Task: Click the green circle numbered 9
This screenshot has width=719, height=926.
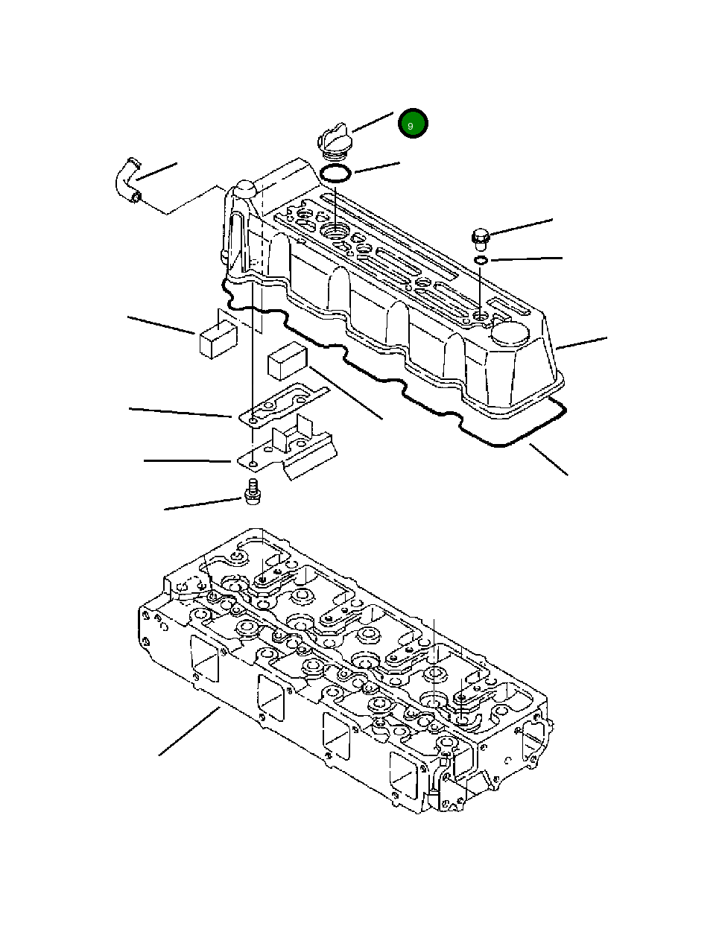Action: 412,124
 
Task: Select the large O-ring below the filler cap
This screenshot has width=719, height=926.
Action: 335,174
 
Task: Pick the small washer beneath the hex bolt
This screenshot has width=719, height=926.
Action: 481,260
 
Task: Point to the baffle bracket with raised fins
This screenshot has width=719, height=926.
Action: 294,451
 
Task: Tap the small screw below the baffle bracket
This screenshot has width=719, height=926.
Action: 252,492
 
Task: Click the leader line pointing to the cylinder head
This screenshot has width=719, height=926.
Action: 189,732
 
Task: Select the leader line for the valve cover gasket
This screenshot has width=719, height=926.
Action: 548,459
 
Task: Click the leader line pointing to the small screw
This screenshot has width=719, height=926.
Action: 203,504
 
